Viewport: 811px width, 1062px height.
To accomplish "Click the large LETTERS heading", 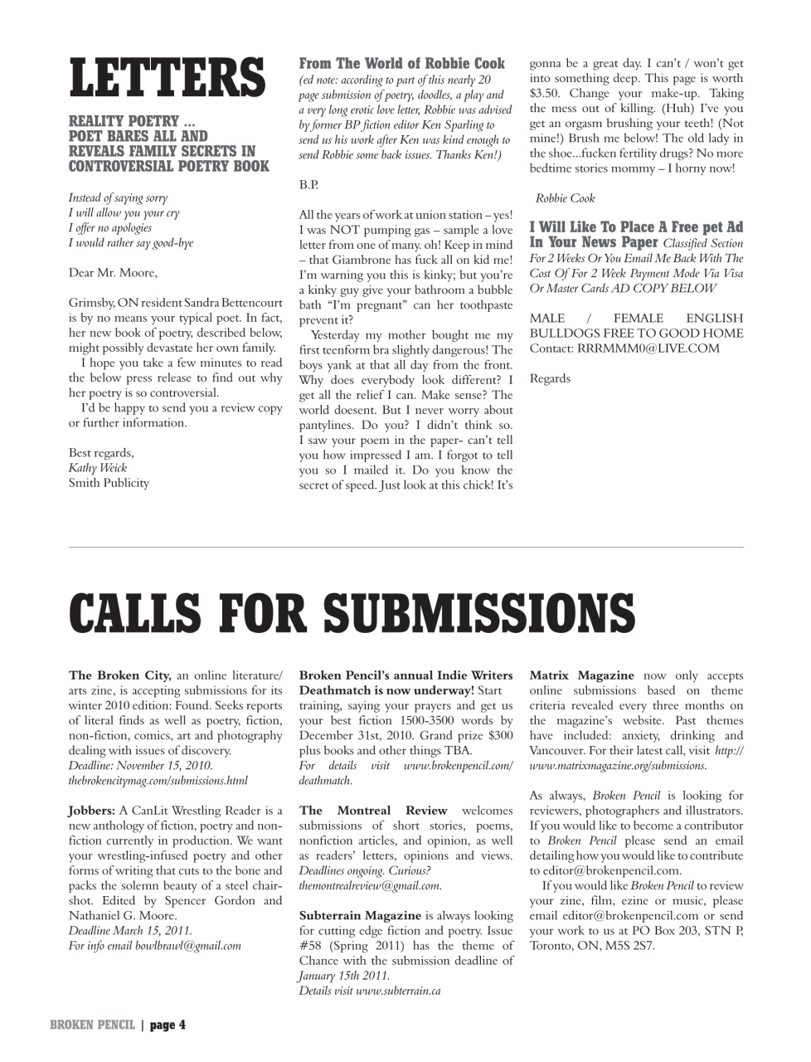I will click(167, 79).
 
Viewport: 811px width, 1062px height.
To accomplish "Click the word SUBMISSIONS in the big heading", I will click(478, 612).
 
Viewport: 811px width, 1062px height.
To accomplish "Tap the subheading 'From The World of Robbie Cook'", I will click(401, 64).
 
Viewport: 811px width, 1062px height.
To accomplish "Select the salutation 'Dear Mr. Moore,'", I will click(113, 272).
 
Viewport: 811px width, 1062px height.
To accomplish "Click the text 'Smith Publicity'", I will click(109, 483).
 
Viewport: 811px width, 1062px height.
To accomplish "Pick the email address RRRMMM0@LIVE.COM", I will click(648, 348).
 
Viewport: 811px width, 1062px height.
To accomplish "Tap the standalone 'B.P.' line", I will click(308, 184).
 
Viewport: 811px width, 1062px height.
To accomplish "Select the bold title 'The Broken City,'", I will click(119, 675).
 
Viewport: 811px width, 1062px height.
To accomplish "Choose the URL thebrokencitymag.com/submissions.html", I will click(158, 781).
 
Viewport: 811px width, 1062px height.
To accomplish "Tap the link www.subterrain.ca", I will click(398, 991).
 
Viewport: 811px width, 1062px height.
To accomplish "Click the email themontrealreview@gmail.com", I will click(370, 886).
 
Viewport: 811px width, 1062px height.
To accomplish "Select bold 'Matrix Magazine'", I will click(581, 675).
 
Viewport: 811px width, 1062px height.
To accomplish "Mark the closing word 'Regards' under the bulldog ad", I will click(550, 378).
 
